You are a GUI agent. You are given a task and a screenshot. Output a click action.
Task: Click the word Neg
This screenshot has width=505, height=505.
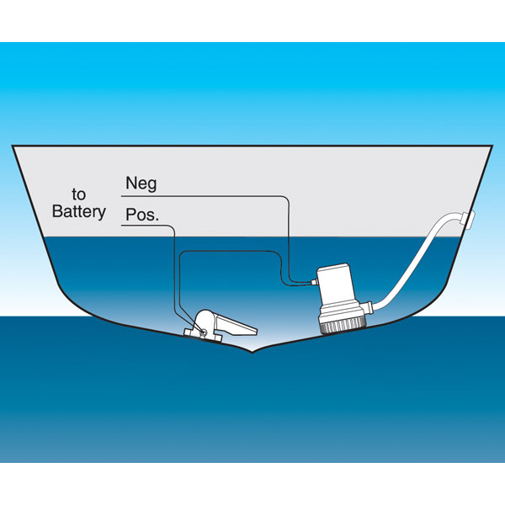[140, 183]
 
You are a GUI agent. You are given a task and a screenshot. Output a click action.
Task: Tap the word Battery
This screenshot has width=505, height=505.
[79, 211]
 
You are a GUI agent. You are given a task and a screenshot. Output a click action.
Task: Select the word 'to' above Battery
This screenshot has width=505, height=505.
[79, 194]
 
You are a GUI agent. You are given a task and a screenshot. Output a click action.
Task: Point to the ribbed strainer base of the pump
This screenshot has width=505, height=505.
[343, 321]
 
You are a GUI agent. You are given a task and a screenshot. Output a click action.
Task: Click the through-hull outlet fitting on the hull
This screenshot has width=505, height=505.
[468, 221]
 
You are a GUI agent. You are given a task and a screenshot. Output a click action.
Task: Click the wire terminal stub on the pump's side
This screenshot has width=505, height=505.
[311, 284]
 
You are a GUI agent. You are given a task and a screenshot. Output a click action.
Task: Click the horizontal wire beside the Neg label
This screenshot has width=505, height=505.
[210, 195]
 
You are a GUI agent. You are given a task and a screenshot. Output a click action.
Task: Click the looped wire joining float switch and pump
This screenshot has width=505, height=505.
[227, 252]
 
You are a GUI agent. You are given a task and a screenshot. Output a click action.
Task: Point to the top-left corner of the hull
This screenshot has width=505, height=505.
[13, 146]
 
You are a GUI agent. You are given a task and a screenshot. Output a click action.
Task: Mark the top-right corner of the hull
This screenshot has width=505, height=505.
[492, 146]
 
